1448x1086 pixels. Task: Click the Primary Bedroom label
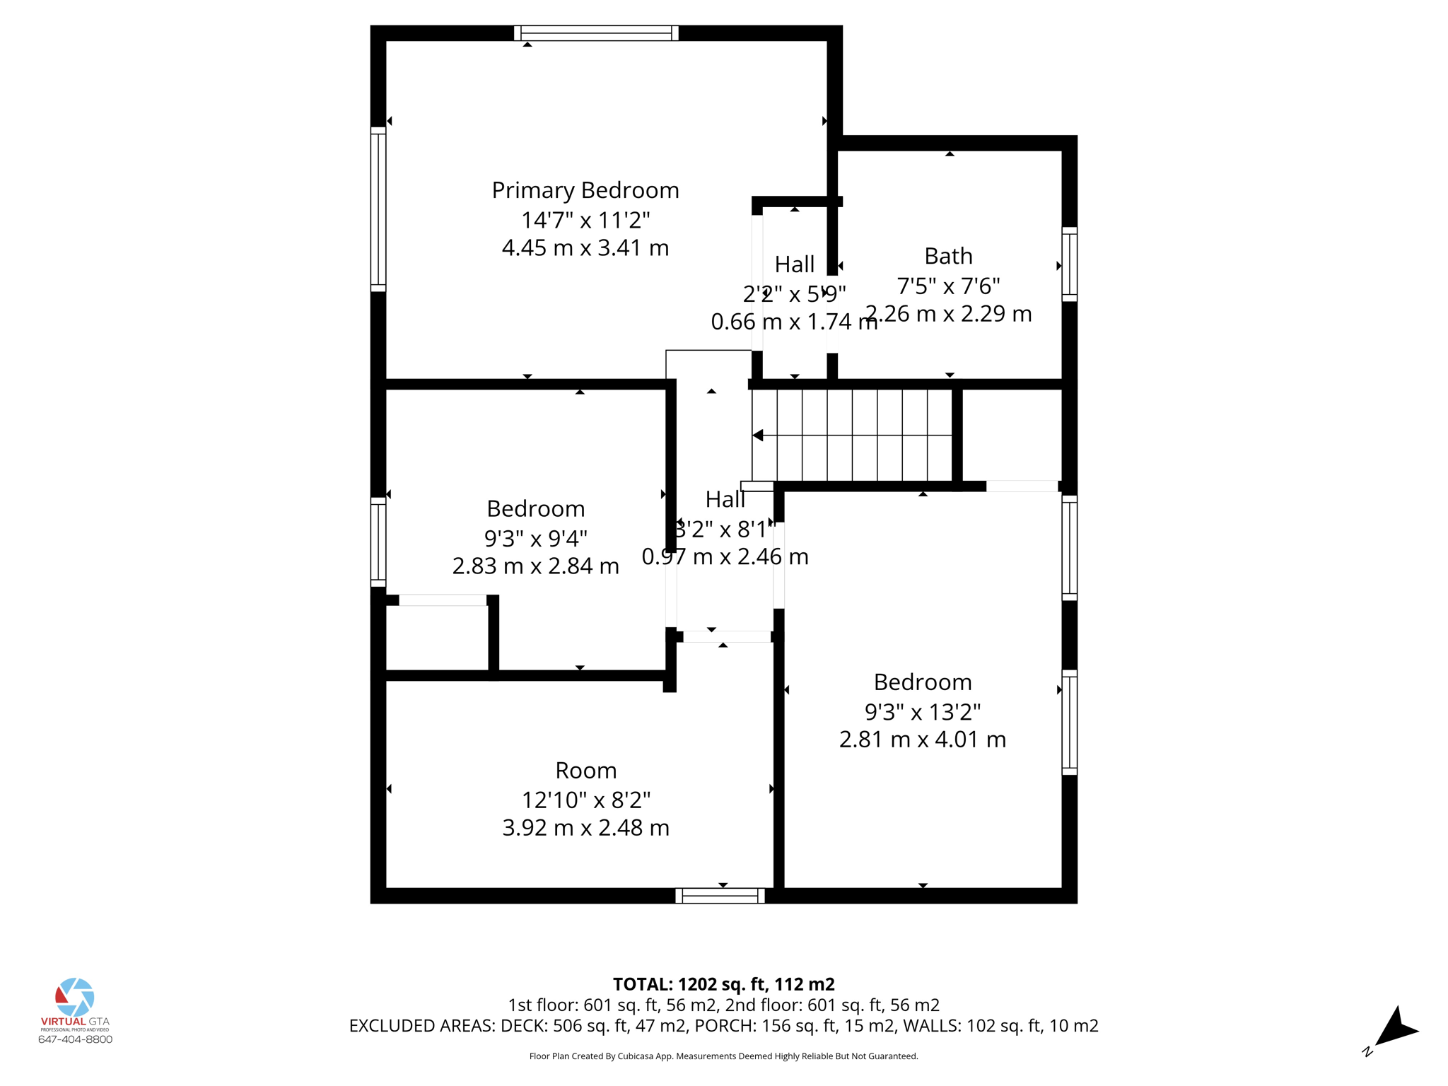[585, 190]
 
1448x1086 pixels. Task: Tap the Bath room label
[948, 256]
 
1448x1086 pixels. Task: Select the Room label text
[585, 770]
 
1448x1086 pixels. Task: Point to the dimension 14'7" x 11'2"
[585, 220]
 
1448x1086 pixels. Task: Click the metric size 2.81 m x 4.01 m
[922, 740]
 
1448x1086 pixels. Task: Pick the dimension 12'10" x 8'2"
[585, 800]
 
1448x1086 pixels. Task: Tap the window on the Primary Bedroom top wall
[596, 33]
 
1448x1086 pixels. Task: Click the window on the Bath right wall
[1070, 264]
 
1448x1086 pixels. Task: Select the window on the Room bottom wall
[720, 896]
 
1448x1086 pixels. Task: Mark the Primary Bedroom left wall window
[378, 209]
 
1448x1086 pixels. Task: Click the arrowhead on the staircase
[758, 435]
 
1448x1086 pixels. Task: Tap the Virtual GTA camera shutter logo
[74, 997]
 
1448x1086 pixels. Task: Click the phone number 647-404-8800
[75, 1039]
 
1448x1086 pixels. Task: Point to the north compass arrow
[1395, 1029]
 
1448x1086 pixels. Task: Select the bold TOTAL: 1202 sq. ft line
[723, 984]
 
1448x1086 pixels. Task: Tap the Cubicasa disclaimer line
[723, 1056]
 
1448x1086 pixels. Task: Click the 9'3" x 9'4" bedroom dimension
[535, 539]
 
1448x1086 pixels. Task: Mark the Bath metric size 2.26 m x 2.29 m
[948, 314]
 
